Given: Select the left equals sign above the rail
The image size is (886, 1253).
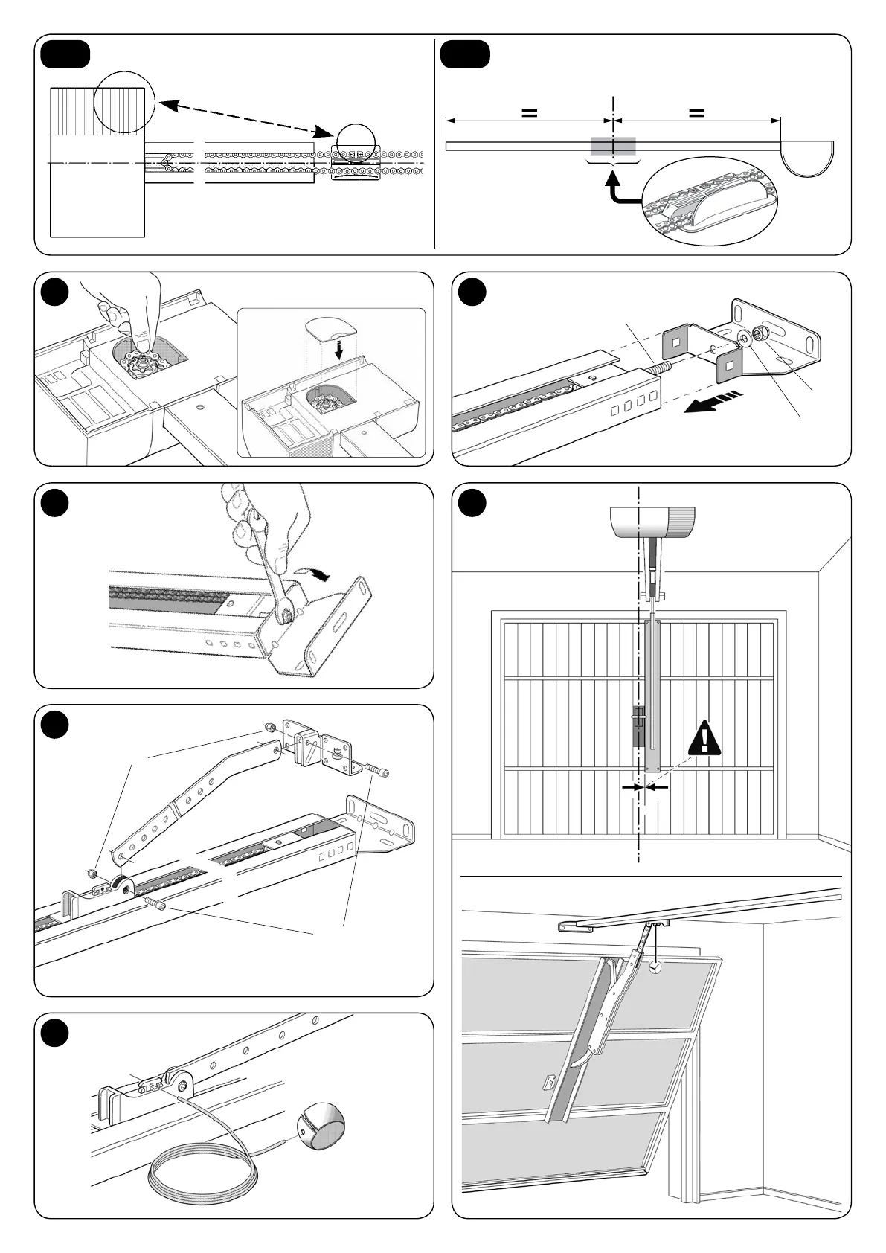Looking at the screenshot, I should [x=529, y=112].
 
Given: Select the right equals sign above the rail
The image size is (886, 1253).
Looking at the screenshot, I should [x=696, y=112].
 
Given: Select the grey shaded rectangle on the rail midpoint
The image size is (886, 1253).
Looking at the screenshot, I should [x=613, y=146].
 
